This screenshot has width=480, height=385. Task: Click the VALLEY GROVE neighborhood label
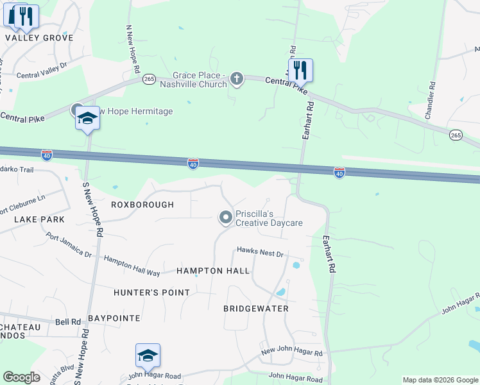(39, 38)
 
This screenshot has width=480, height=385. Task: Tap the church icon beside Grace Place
(237, 79)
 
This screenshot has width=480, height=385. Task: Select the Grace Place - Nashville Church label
(200, 80)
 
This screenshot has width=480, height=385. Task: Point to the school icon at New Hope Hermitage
(87, 118)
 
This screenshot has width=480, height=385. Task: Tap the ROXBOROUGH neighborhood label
(142, 205)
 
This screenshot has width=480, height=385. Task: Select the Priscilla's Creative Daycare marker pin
(225, 218)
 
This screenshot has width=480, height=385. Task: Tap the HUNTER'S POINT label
(152, 293)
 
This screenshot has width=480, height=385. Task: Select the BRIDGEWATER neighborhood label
(256, 309)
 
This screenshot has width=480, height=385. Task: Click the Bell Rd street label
(67, 321)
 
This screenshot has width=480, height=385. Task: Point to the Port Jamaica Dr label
(69, 245)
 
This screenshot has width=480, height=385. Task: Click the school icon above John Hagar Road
(148, 355)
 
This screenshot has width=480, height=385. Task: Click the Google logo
(22, 377)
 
